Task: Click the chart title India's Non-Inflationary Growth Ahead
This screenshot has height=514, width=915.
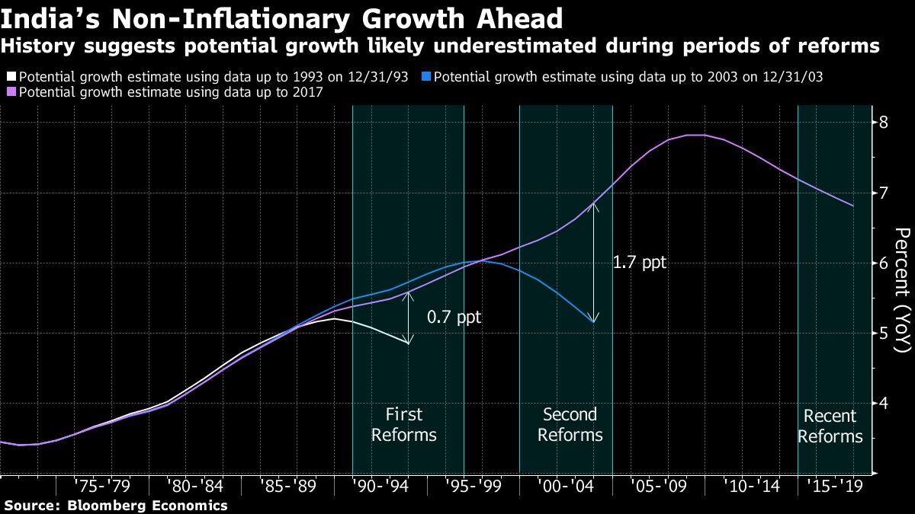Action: (282, 18)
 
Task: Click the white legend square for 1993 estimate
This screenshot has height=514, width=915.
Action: (11, 77)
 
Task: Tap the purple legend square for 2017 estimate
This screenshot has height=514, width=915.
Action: (11, 92)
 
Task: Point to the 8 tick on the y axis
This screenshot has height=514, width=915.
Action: (884, 123)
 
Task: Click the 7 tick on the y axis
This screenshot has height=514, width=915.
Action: (884, 193)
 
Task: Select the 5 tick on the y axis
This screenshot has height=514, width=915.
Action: (884, 333)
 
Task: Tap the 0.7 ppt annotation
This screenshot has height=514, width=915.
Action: (454, 317)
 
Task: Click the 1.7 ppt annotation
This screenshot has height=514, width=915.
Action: (639, 263)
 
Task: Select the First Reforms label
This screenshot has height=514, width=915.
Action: (409, 425)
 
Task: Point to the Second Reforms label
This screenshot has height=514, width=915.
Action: (570, 425)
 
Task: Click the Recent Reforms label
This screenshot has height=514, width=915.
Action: (830, 426)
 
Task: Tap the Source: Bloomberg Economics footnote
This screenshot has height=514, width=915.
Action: (114, 505)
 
